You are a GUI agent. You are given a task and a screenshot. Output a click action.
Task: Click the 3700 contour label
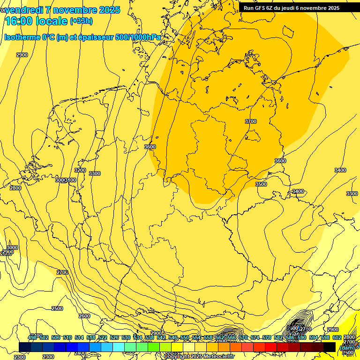point(251,121)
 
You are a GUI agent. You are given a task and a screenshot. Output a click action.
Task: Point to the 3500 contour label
point(261,184)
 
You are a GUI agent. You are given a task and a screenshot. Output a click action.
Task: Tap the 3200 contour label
point(80,170)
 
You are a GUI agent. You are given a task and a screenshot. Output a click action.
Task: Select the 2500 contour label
point(57,308)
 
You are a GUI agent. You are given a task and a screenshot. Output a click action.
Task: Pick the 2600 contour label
point(84,316)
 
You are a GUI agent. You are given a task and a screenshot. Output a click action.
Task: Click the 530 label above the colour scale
point(126,337)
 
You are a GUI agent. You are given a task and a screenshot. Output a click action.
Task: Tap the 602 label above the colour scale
point(337,337)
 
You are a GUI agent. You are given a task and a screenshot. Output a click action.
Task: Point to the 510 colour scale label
point(67,337)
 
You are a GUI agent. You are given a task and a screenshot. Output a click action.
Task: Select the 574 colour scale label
point(255,337)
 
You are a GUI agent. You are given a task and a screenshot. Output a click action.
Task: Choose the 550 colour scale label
point(185,337)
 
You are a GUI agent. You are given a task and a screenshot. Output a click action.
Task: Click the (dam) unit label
point(347,347)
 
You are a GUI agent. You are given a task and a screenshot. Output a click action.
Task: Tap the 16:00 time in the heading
point(19,21)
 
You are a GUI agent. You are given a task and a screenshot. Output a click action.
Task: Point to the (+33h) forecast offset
point(81,21)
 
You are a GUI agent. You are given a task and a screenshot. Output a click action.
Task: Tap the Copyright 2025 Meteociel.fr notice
point(199,357)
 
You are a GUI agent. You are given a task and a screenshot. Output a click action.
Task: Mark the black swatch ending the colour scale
point(330,347)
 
